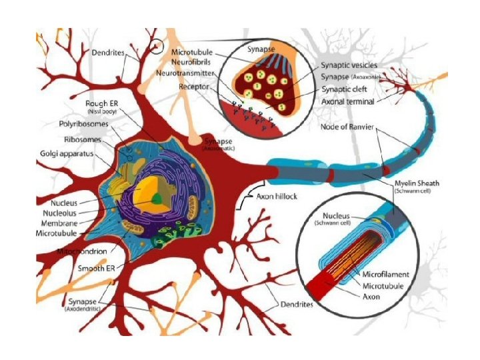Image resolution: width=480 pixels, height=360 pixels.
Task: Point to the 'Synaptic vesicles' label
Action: coord(349,65)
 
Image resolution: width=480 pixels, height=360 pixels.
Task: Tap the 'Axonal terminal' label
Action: coord(347,101)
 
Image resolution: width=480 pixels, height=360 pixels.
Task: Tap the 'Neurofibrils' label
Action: coord(191,61)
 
